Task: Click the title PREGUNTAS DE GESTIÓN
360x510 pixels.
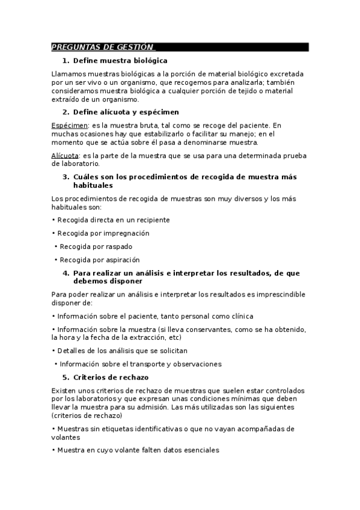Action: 102,47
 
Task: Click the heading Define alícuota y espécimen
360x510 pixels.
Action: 126,112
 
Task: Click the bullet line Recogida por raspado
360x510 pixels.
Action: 96,247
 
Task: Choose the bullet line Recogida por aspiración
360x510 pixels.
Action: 99,260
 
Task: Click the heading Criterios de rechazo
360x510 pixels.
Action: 111,378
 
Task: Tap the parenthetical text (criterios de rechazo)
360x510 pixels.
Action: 87,416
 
